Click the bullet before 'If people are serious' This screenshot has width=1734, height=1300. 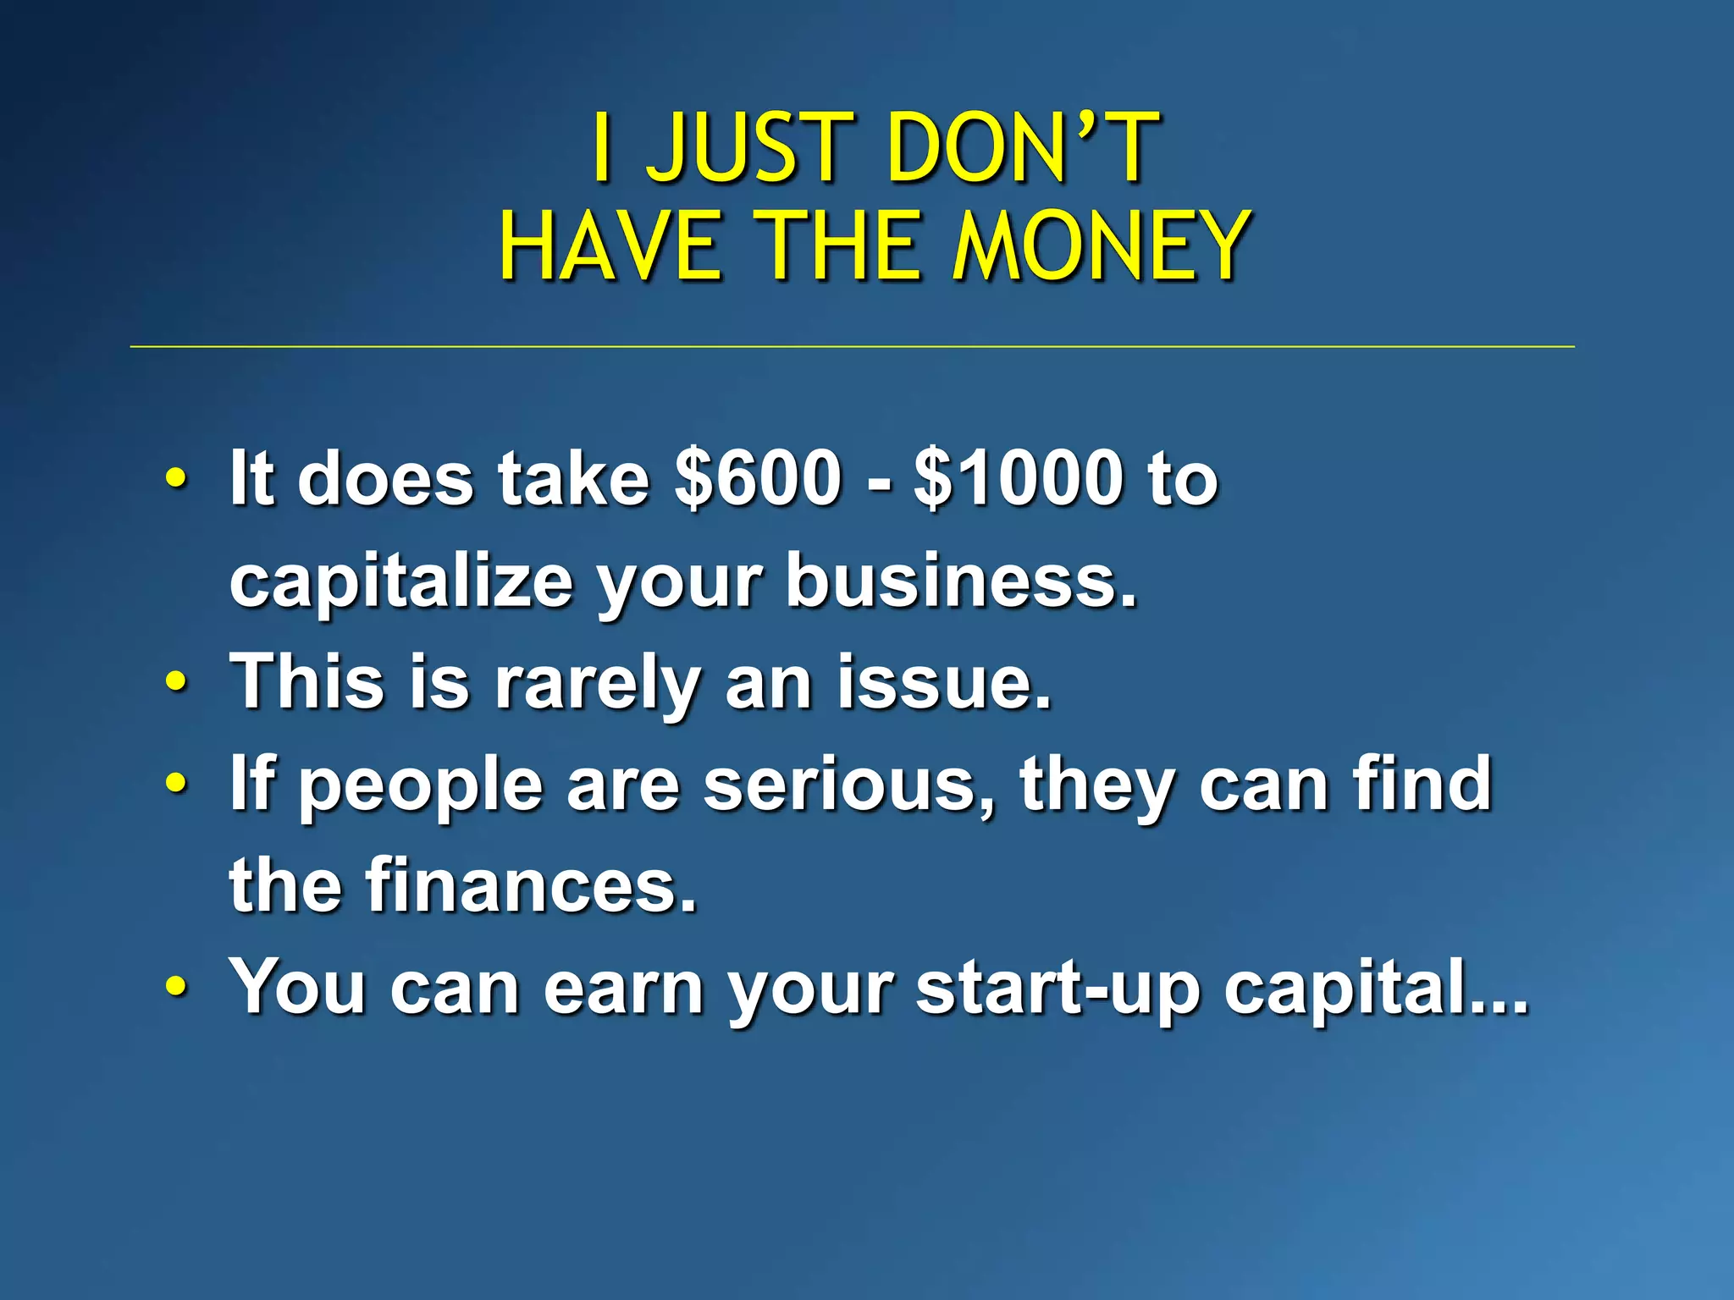click(175, 782)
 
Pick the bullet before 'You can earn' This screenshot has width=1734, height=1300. click(175, 985)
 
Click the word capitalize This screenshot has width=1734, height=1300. click(401, 582)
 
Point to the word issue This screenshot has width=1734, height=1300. click(944, 682)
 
